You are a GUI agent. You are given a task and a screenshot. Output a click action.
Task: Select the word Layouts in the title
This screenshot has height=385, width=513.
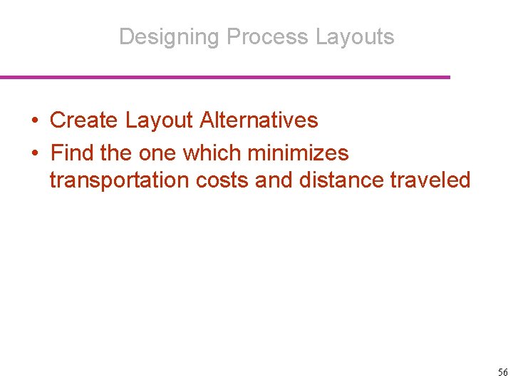click(x=355, y=36)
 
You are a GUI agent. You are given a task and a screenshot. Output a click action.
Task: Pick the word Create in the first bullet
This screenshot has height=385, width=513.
click(x=84, y=120)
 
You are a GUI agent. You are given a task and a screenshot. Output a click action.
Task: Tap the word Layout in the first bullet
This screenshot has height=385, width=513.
click(x=159, y=120)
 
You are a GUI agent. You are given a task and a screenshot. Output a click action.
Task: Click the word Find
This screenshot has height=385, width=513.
click(x=73, y=153)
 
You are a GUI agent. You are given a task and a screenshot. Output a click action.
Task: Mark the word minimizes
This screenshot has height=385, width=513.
click(x=298, y=153)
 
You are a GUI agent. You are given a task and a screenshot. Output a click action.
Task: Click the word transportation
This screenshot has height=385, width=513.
click(x=119, y=180)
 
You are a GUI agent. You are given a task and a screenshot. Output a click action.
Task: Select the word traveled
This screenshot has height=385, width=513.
click(x=431, y=180)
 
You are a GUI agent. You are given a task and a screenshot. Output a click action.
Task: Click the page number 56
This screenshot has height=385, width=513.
click(x=502, y=372)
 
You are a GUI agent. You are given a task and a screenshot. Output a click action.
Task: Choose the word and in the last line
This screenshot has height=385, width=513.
click(x=274, y=180)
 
